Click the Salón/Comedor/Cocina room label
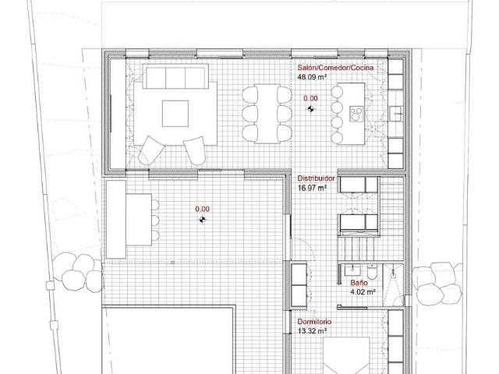point(335,69)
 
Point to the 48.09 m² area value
point(312,78)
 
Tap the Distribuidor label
point(317,178)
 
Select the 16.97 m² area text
point(312,188)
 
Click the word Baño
point(358,283)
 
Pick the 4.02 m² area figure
point(363,292)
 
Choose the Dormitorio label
point(315,322)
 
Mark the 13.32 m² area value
point(313,331)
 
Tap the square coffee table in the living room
point(175,114)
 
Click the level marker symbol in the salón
point(310,110)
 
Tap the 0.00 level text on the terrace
point(203,209)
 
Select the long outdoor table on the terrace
point(117,219)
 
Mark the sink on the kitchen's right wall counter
point(395,114)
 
